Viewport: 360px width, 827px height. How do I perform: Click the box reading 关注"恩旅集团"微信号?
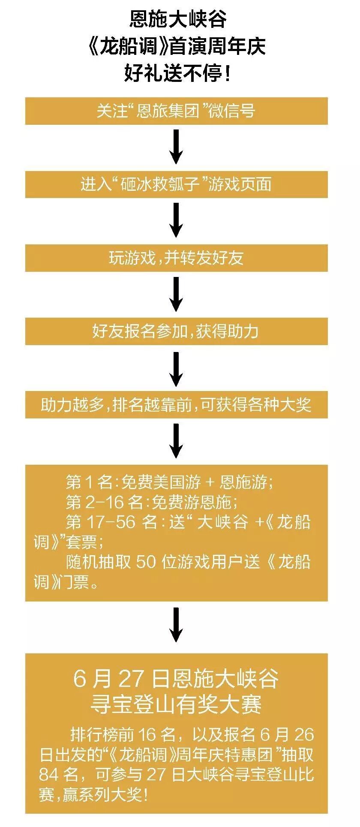tap(176, 111)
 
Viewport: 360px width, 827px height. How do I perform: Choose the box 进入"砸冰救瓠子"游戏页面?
tap(176, 184)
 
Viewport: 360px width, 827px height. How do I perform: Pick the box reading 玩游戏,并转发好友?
tap(176, 258)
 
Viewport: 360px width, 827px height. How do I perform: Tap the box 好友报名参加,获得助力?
tap(176, 331)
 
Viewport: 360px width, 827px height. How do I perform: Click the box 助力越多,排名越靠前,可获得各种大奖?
tap(176, 405)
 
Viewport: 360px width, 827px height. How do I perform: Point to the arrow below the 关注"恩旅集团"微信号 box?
tap(176, 147)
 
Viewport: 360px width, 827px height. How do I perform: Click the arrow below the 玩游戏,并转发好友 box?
tap(176, 294)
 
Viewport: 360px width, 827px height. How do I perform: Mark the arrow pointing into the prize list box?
tap(176, 441)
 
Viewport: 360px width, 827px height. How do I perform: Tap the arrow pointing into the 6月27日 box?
tap(176, 625)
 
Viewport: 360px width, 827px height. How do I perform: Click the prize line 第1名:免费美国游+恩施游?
tap(169, 482)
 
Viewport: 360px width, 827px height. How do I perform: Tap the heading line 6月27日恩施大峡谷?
tap(176, 679)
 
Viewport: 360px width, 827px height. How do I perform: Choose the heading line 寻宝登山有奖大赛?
tap(176, 704)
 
